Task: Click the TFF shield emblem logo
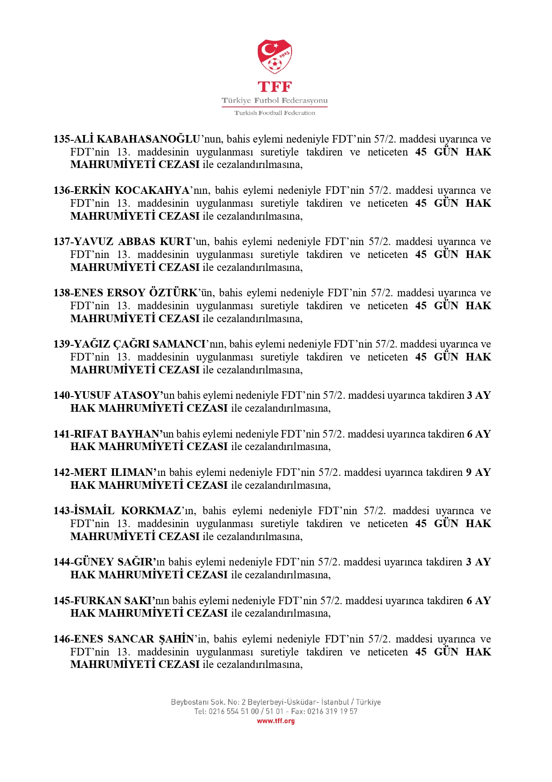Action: click(x=275, y=57)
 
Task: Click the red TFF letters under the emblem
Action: click(x=275, y=86)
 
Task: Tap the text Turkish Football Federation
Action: click(x=275, y=113)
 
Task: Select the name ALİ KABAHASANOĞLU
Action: click(x=137, y=139)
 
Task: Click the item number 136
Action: click(x=62, y=190)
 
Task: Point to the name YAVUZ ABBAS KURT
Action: click(x=133, y=242)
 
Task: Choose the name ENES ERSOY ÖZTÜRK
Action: click(x=135, y=293)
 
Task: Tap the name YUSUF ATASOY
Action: click(x=117, y=395)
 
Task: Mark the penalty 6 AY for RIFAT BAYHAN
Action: click(x=479, y=434)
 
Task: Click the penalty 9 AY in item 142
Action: click(x=478, y=472)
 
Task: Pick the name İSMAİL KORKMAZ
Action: click(x=127, y=511)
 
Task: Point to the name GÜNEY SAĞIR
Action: click(x=114, y=562)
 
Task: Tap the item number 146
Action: click(x=62, y=639)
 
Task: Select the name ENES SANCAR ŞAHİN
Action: click(x=134, y=639)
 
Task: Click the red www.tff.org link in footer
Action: click(x=276, y=721)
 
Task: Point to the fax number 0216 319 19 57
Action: click(x=332, y=712)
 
